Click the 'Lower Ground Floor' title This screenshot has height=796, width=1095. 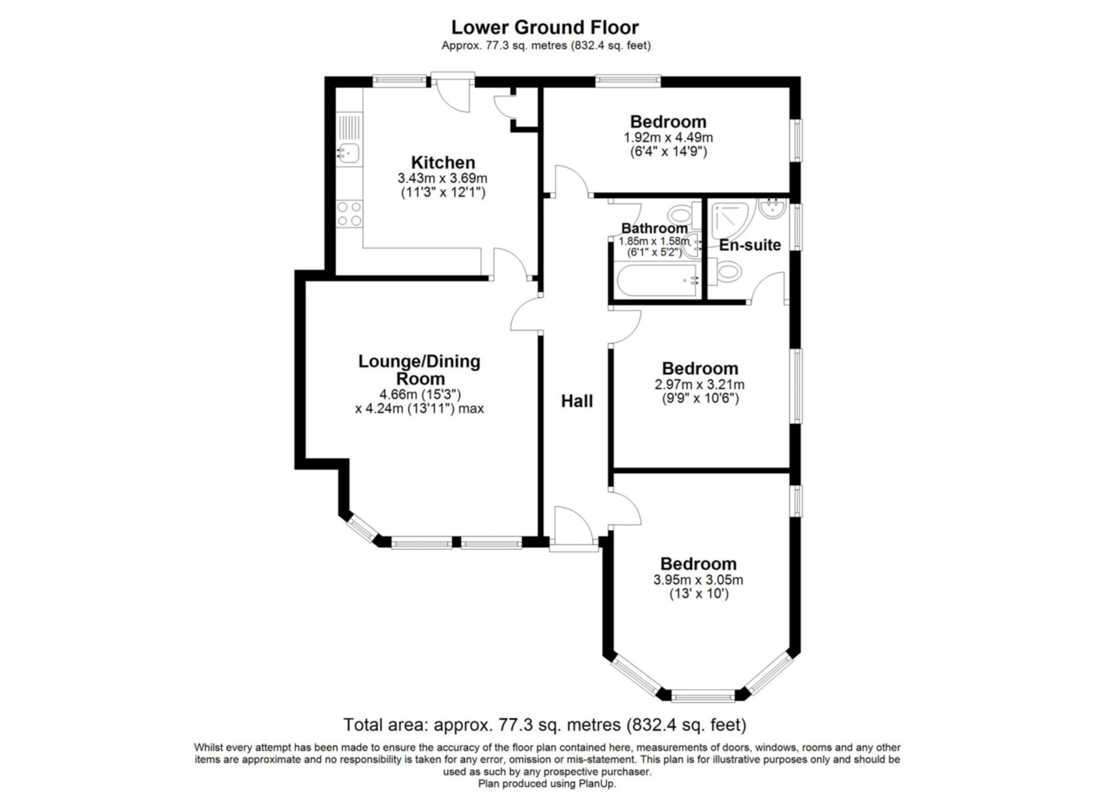[545, 26]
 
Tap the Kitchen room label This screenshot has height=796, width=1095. [443, 162]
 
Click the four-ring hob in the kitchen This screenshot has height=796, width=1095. [349, 213]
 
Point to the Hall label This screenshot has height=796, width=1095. [577, 401]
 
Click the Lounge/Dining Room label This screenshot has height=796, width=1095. [420, 370]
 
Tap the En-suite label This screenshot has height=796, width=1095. [750, 245]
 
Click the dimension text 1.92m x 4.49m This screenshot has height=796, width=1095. [668, 137]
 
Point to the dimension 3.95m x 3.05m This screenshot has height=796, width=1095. [698, 580]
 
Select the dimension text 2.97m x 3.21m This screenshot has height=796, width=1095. [700, 385]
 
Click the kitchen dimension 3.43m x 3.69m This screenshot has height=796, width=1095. [443, 178]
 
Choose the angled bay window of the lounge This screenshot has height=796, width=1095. [362, 528]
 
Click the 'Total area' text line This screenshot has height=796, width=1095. [545, 724]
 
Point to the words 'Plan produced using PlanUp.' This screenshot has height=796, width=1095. [547, 783]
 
